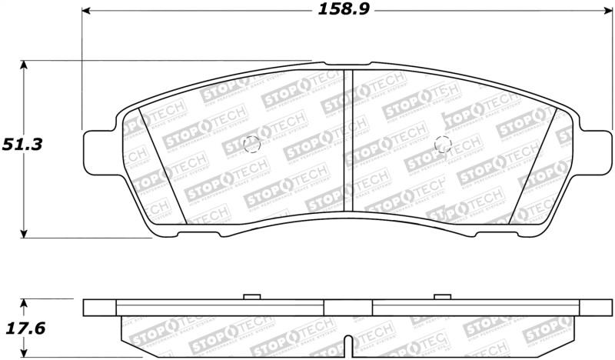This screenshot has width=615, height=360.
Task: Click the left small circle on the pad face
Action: (x=251, y=144)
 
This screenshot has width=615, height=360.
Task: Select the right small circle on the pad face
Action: (x=442, y=144)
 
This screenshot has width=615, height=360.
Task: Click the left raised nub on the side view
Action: (x=251, y=296)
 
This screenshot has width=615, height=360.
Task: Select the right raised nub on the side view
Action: (x=441, y=296)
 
